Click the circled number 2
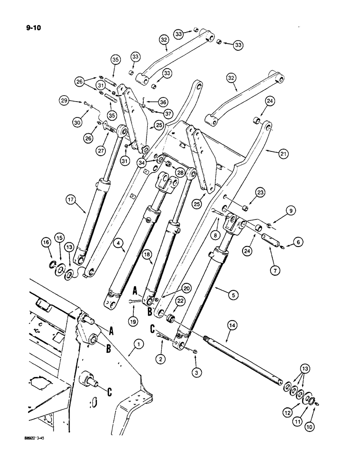161,359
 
